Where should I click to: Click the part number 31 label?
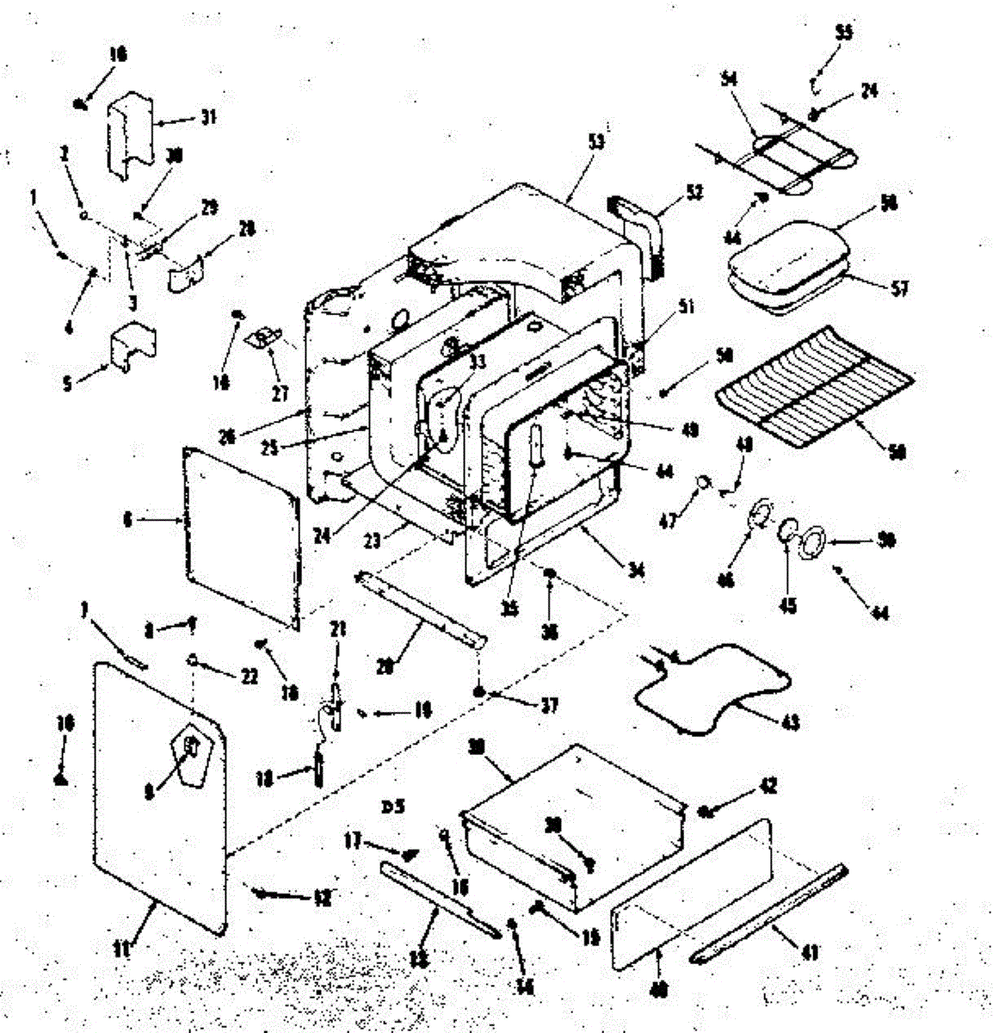pyautogui.click(x=207, y=118)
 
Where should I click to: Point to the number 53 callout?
pyautogui.click(x=595, y=141)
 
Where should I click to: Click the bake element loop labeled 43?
pyautogui.click(x=714, y=689)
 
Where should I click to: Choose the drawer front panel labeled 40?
pyautogui.click(x=688, y=887)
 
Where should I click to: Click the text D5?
pyautogui.click(x=393, y=807)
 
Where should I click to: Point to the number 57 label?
pyautogui.click(x=898, y=288)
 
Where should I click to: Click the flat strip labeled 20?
pyautogui.click(x=422, y=607)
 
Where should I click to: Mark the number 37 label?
pyautogui.click(x=548, y=706)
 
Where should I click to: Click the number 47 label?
pyautogui.click(x=668, y=519)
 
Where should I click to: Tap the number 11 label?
pyautogui.click(x=122, y=949)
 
